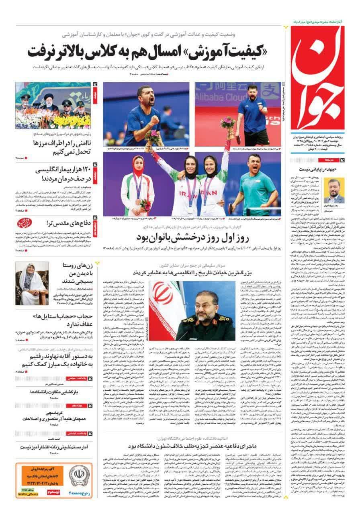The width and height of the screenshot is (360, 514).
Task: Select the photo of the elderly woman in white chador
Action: (31, 283)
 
